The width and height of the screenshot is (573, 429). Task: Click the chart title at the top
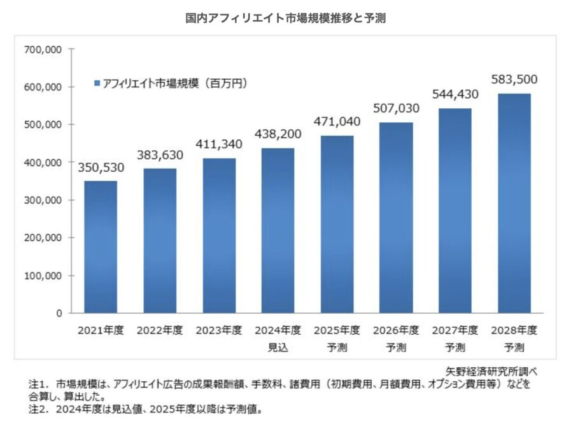pyautogui.click(x=285, y=19)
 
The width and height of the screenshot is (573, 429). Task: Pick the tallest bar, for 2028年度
pyautogui.click(x=514, y=203)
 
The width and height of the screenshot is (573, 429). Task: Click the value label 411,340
pyautogui.click(x=218, y=145)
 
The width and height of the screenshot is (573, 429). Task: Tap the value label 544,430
pyautogui.click(x=455, y=95)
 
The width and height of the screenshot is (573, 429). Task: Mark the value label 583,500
pyautogui.click(x=514, y=80)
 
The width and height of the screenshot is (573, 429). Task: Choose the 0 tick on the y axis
pyautogui.click(x=58, y=313)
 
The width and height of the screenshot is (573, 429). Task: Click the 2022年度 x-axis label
pyautogui.click(x=160, y=330)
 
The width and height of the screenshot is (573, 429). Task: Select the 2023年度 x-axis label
pyautogui.click(x=218, y=330)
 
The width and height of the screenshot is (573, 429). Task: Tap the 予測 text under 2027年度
pyautogui.click(x=455, y=348)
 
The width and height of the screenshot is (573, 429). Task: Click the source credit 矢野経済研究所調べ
pyautogui.click(x=491, y=370)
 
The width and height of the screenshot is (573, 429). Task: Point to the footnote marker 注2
pyautogui.click(x=38, y=409)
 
